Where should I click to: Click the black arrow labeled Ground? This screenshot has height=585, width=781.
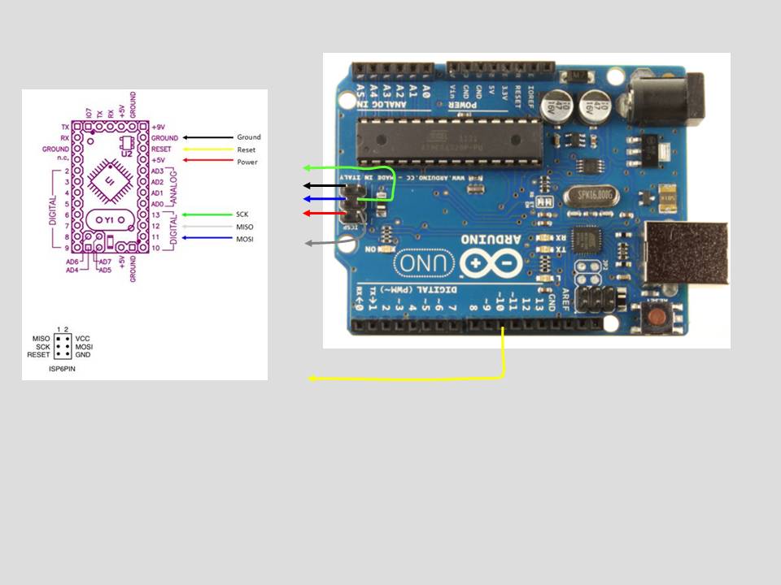(x=207, y=138)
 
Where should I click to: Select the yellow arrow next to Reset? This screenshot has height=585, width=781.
(x=207, y=149)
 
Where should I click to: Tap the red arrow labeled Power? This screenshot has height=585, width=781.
(x=207, y=161)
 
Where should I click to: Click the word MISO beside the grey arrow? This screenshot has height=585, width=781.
(x=245, y=227)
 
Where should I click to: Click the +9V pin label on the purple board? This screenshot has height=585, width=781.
(x=158, y=128)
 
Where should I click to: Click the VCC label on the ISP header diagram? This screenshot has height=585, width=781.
(x=82, y=338)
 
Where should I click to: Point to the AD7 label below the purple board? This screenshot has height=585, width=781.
(x=104, y=262)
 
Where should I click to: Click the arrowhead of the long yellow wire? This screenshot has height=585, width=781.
(x=312, y=379)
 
